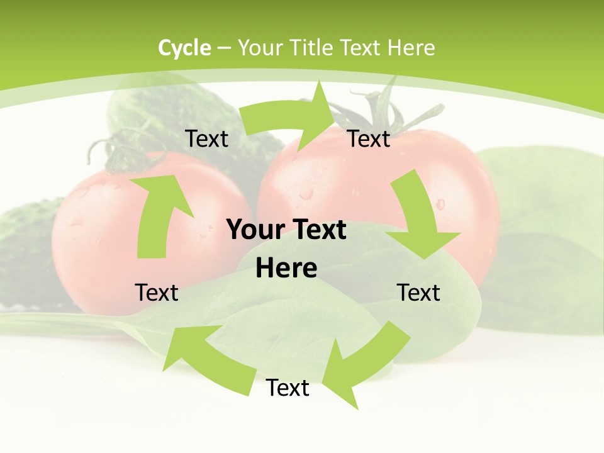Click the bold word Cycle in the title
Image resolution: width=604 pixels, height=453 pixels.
point(184,47)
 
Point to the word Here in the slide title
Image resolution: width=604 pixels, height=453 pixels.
point(411,47)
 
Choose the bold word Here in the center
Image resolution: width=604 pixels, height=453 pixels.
point(286,268)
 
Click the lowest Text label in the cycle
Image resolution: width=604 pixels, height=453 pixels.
point(288,388)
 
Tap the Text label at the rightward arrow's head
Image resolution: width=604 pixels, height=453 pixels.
point(369,138)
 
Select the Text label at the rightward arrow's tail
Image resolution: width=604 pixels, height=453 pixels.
point(206,138)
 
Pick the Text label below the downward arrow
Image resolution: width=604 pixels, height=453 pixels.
point(418,293)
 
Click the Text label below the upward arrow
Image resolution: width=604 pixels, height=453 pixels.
point(157,293)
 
